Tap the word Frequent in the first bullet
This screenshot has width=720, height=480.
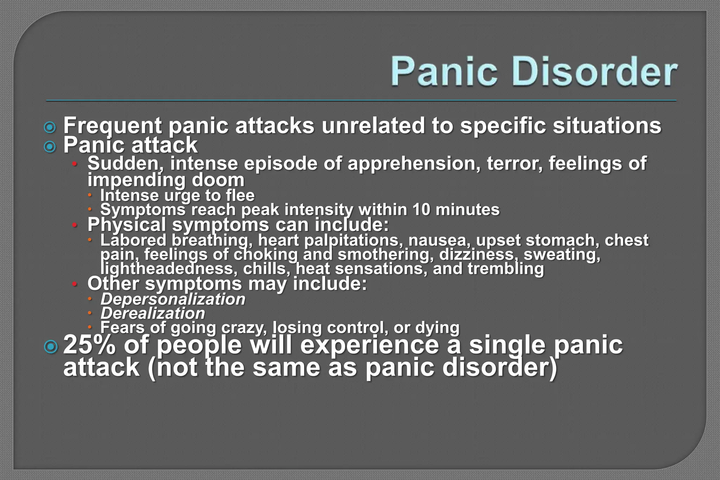pyautogui.click(x=112, y=126)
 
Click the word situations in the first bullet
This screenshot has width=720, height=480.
pyautogui.click(x=607, y=126)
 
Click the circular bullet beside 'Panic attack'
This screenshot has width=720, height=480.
pyautogui.click(x=50, y=146)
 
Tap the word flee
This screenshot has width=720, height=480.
pyautogui.click(x=240, y=196)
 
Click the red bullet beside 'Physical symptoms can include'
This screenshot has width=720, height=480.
pyautogui.click(x=75, y=225)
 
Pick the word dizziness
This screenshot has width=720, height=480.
pyautogui.click(x=478, y=255)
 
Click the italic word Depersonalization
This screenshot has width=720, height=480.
pyautogui.click(x=173, y=299)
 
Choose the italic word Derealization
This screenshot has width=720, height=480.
pyautogui.click(x=153, y=313)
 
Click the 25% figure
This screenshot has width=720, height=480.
pyautogui.click(x=90, y=345)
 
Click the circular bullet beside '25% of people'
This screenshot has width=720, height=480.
pyautogui.click(x=51, y=347)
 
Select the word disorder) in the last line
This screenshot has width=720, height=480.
pyautogui.click(x=500, y=368)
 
